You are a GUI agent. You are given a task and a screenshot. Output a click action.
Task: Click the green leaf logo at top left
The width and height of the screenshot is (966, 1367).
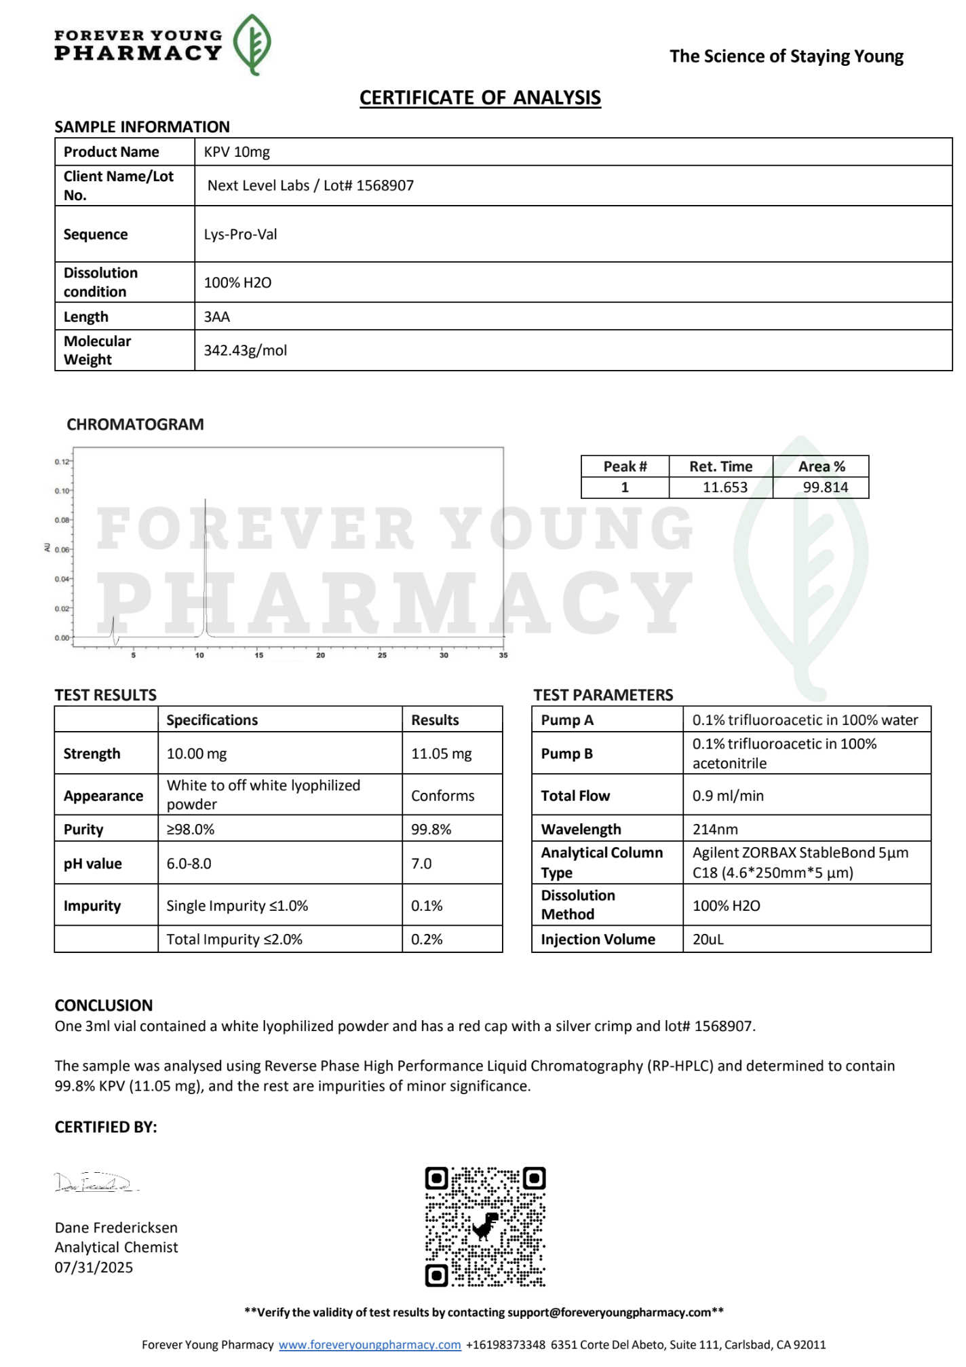252,43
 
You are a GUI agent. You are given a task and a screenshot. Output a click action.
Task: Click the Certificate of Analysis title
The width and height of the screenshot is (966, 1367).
480,98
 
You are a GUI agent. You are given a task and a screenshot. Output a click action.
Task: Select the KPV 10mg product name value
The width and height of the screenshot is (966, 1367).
237,152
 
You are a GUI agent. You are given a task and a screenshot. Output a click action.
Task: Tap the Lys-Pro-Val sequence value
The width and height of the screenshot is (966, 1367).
240,234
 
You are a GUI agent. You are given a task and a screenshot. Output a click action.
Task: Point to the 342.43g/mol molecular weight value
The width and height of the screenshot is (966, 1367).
245,350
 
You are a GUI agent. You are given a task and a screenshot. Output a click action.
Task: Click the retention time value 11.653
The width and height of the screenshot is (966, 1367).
724,487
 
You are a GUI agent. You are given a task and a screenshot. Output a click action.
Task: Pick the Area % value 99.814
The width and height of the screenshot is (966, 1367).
825,487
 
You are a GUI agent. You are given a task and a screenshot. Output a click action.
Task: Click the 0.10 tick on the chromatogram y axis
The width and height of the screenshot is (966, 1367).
62,491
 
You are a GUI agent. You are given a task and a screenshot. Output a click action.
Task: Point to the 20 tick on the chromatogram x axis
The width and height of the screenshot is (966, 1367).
320,655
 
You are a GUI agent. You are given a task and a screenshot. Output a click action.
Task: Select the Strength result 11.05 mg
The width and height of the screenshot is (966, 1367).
441,753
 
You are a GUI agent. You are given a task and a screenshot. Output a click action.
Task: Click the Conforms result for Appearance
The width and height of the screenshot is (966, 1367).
442,795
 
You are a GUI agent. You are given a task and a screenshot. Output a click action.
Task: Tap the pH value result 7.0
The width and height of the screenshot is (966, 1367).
421,863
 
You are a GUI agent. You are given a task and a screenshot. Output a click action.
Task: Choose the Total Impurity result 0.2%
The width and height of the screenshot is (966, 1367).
427,939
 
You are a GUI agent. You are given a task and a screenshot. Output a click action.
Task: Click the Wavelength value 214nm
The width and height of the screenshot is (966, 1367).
715,829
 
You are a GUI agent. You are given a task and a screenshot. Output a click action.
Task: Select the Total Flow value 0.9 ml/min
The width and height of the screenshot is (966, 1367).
728,795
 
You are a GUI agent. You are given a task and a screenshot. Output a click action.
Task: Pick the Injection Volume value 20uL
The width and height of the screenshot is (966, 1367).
708,939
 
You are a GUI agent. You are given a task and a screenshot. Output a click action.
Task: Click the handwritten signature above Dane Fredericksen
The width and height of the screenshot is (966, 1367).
95,1183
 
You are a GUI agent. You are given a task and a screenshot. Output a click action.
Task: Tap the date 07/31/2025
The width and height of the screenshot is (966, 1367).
94,1267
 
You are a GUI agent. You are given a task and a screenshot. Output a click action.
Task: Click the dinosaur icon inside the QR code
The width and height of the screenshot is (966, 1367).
485,1226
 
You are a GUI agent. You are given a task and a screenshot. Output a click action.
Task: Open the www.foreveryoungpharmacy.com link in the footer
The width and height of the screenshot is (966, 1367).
370,1345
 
